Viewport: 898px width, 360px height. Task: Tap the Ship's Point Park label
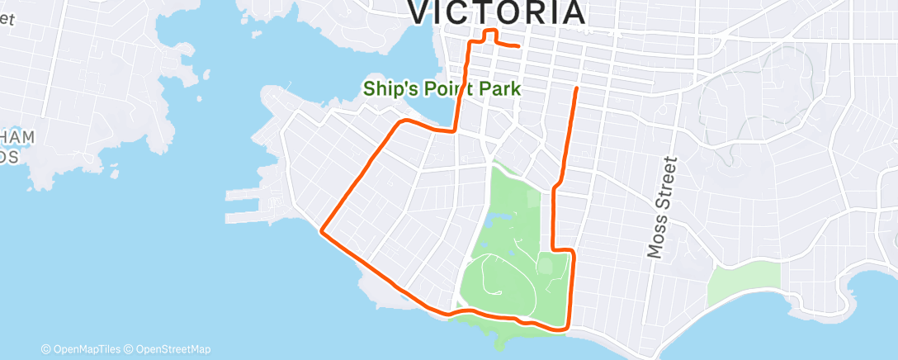click(x=442, y=88)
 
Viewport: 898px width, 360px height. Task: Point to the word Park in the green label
click(x=500, y=88)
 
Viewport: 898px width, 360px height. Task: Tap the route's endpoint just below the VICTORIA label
click(x=518, y=46)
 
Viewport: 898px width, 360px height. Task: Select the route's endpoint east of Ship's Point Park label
click(x=575, y=87)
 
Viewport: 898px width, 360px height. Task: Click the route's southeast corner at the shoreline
click(x=566, y=329)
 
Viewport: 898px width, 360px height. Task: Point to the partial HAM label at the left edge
click(x=18, y=136)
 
